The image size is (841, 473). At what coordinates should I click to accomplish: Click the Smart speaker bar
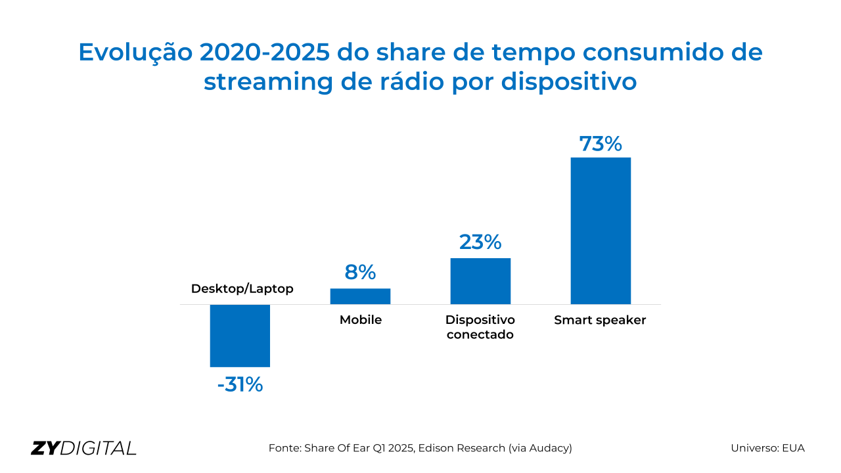click(x=601, y=231)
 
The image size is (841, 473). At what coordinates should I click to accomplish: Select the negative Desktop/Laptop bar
click(x=240, y=335)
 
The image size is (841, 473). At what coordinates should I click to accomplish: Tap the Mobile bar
click(x=360, y=296)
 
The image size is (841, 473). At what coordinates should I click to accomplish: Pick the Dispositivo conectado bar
click(x=480, y=281)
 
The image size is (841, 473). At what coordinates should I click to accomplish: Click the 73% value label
click(x=601, y=144)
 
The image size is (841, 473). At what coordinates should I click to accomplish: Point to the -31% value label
click(x=240, y=384)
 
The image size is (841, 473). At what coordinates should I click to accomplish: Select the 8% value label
click(x=360, y=272)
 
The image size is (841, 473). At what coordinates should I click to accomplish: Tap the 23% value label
click(x=480, y=242)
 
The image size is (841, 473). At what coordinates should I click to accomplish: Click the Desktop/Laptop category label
click(x=242, y=289)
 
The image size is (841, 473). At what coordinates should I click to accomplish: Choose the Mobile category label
click(x=360, y=321)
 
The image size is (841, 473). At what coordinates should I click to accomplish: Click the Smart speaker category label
click(x=600, y=321)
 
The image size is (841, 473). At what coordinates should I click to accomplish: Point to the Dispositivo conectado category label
click(x=480, y=327)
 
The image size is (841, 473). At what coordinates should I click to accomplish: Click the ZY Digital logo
click(x=83, y=448)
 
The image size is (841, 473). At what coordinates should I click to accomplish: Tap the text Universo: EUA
click(x=767, y=448)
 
